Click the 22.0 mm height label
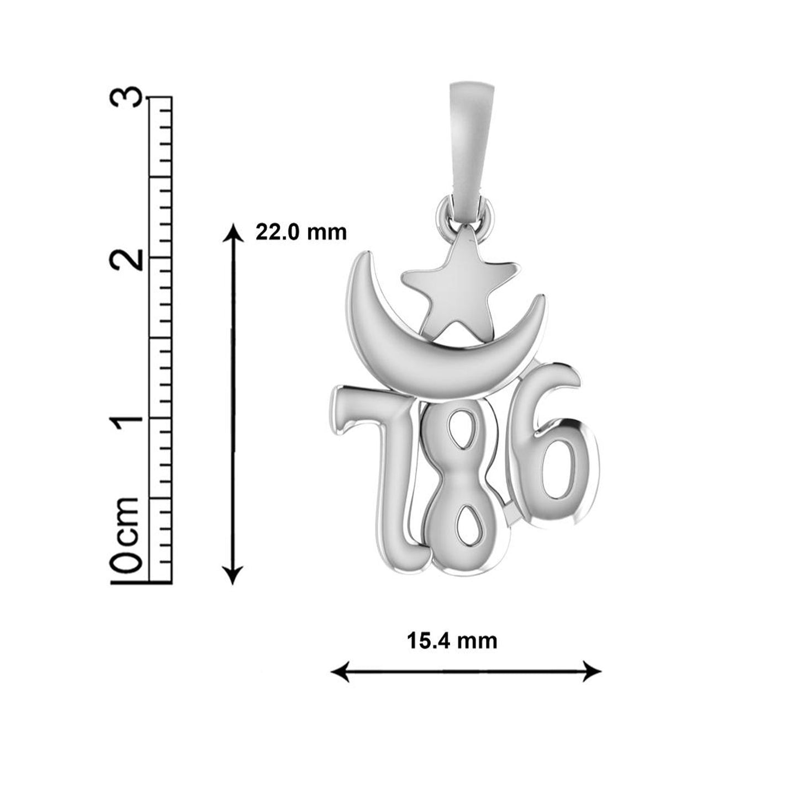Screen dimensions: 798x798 pyautogui.click(x=300, y=232)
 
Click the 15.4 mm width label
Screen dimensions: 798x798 pyautogui.click(x=452, y=641)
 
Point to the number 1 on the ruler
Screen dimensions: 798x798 pyautogui.click(x=124, y=418)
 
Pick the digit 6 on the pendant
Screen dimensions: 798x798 pyautogui.click(x=555, y=464)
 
